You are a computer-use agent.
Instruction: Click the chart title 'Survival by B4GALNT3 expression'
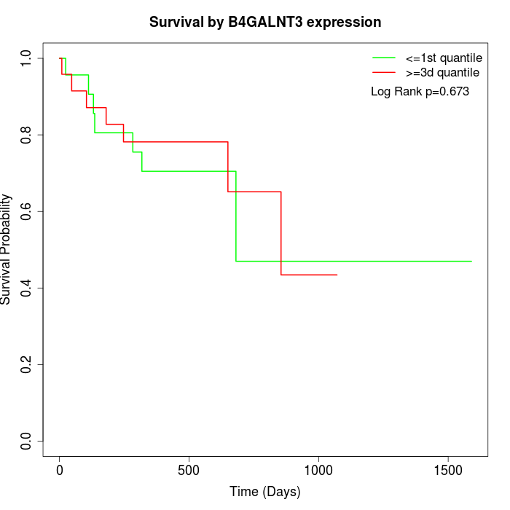265,23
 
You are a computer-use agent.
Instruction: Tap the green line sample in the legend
384,57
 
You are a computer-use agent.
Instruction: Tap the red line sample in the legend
384,72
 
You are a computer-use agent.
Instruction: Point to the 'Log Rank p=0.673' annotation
420,92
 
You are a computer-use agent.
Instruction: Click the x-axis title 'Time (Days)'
265,492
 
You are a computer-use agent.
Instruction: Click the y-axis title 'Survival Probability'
7,249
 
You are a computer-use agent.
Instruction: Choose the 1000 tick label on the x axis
318,469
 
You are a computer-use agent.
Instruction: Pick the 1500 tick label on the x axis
447,469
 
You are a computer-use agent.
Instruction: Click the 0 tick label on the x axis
60,469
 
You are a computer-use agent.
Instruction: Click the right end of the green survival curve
471,261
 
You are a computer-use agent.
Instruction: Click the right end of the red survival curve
337,275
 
